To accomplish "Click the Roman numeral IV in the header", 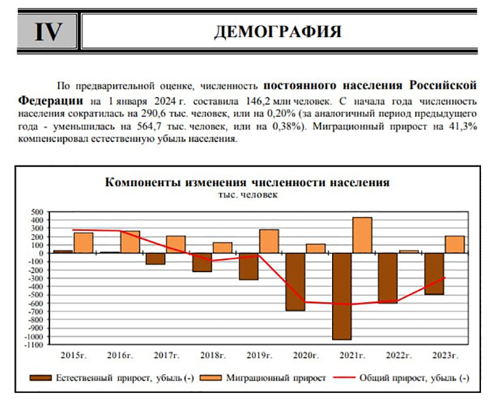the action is [x=48, y=32].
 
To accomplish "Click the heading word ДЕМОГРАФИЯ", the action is [x=278, y=32].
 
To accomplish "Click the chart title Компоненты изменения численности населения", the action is [x=247, y=182].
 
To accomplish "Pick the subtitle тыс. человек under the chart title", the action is [x=248, y=194].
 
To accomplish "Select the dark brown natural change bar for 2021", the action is [x=342, y=296].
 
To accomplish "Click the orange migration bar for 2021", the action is [x=362, y=235].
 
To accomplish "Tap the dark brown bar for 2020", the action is [x=296, y=282].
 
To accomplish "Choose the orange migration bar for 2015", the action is [x=84, y=243].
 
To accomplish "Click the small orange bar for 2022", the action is [x=409, y=251].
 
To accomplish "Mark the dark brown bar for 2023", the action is [x=434, y=274].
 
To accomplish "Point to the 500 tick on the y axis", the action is [x=37, y=212].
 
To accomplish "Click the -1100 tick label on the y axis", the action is [x=34, y=345].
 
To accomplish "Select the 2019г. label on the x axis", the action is [x=259, y=356].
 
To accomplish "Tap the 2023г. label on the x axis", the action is [x=445, y=356].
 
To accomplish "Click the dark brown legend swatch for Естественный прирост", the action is [x=40, y=378].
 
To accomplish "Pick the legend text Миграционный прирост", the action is [x=276, y=378].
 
